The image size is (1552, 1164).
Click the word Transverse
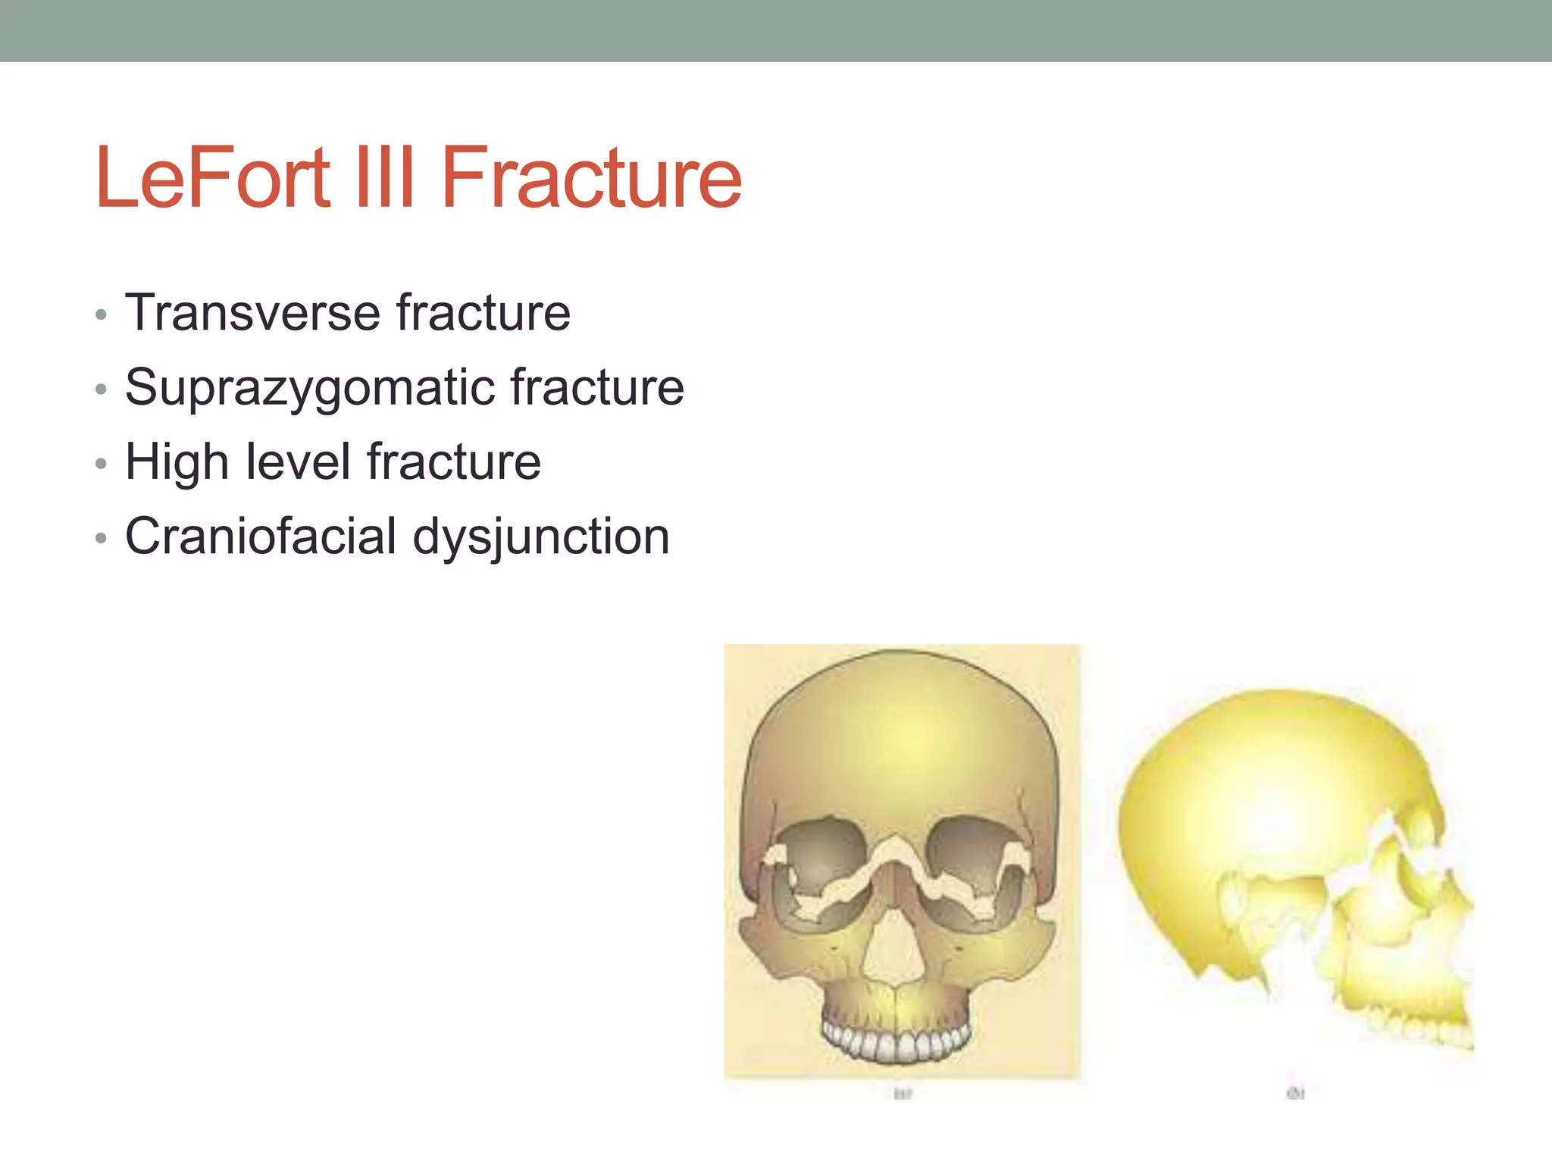(x=252, y=312)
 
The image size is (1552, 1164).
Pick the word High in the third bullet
(x=177, y=462)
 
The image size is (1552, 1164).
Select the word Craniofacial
(x=261, y=536)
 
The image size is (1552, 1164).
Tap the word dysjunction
(x=541, y=537)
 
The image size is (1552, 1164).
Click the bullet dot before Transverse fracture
(x=102, y=314)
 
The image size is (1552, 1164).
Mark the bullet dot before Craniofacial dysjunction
(x=102, y=538)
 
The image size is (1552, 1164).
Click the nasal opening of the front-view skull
(x=893, y=947)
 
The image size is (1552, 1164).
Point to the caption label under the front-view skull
(x=902, y=1094)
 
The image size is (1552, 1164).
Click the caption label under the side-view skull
(x=1295, y=1093)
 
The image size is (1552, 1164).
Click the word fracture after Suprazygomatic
(x=597, y=387)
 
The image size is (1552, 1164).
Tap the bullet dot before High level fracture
(x=102, y=464)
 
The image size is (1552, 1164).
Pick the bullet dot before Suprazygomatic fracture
(x=102, y=390)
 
